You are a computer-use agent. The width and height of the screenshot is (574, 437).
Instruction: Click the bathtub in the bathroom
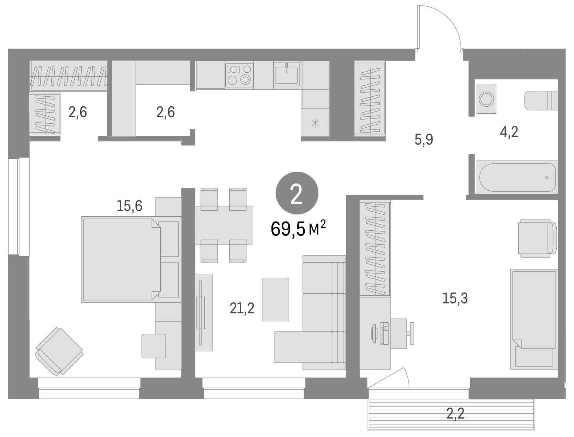(517, 178)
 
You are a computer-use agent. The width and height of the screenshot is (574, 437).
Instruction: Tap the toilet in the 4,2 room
(541, 100)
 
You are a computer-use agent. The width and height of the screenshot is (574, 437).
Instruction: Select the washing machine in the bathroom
(486, 99)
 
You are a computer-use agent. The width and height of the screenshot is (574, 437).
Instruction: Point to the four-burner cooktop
(239, 75)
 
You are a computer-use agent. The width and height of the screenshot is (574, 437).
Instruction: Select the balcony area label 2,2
(455, 414)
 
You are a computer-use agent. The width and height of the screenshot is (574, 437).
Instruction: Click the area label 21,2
(242, 309)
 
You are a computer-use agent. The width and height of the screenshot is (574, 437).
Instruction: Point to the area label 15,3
(455, 298)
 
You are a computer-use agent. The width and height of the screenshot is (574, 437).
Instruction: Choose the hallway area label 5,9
(424, 140)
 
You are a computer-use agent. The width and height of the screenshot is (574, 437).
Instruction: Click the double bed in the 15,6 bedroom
(121, 259)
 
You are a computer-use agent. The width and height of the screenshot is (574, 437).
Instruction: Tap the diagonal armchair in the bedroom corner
(59, 351)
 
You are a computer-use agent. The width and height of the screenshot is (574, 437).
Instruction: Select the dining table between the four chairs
(223, 225)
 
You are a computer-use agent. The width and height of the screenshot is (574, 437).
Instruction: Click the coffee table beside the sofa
(276, 299)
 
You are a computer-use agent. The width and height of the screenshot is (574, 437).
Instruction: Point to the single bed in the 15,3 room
(534, 319)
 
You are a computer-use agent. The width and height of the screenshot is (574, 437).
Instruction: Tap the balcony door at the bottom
(388, 378)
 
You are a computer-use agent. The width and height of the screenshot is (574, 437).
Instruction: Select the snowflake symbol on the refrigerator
(315, 123)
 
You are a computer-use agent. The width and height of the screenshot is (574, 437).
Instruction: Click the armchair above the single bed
(537, 238)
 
